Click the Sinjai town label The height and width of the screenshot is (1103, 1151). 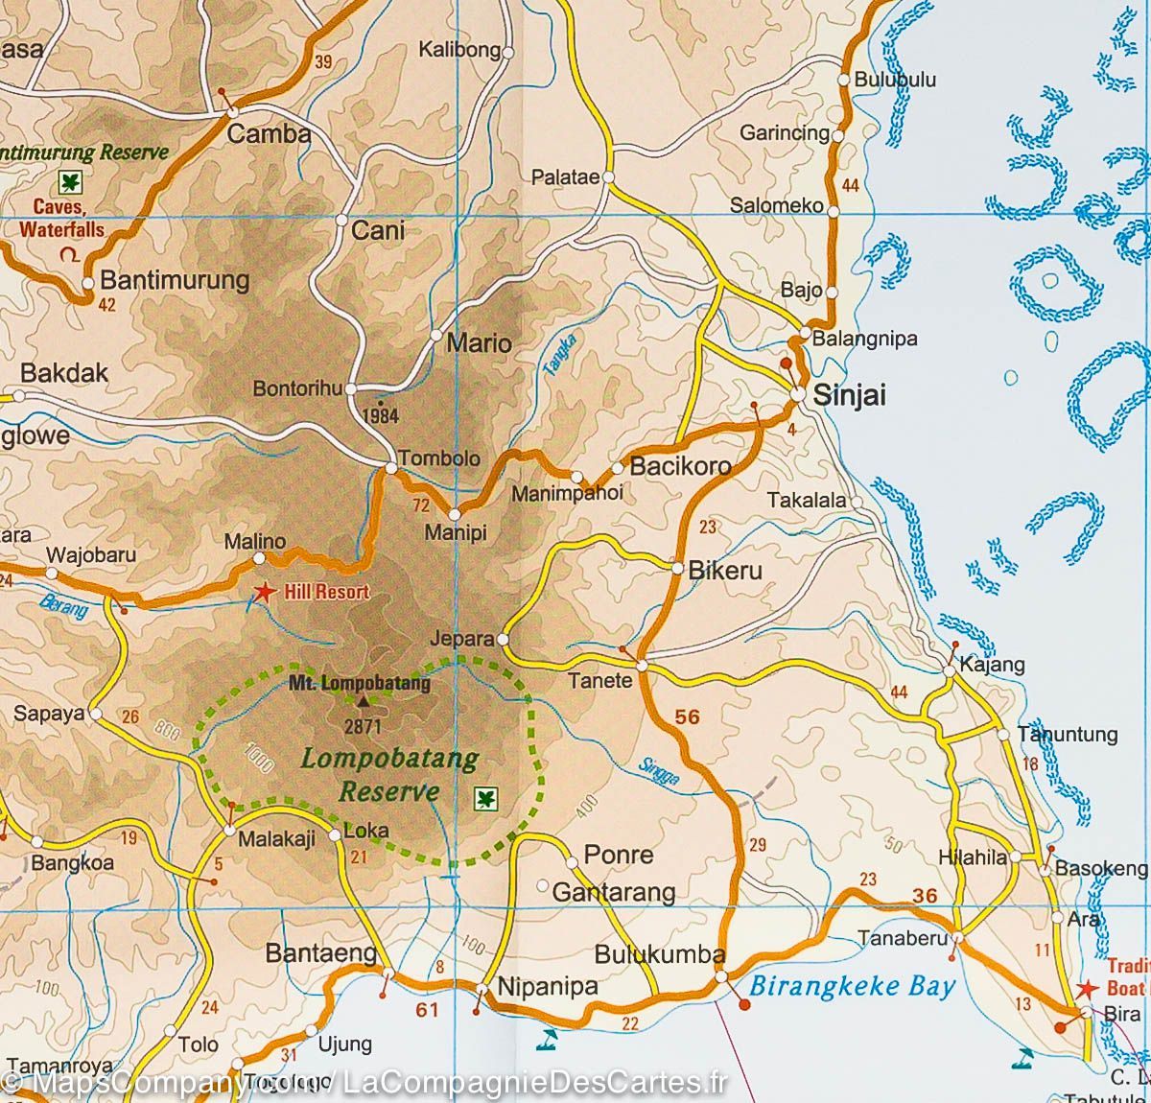849,395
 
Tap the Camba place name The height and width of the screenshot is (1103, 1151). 269,134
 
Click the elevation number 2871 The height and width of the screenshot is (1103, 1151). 362,726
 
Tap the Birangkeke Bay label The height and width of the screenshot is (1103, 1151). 852,986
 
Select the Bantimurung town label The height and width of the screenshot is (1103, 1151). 175,280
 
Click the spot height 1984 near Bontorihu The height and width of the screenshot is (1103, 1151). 381,416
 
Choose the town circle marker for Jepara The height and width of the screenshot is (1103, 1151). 503,639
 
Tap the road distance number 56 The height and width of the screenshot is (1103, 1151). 687,716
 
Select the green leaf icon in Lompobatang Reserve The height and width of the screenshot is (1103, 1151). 487,797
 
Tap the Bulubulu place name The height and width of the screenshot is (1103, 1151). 894,81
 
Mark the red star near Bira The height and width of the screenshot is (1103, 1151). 1087,989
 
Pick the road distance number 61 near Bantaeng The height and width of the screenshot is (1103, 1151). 426,1009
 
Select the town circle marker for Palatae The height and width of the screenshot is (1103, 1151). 608,177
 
